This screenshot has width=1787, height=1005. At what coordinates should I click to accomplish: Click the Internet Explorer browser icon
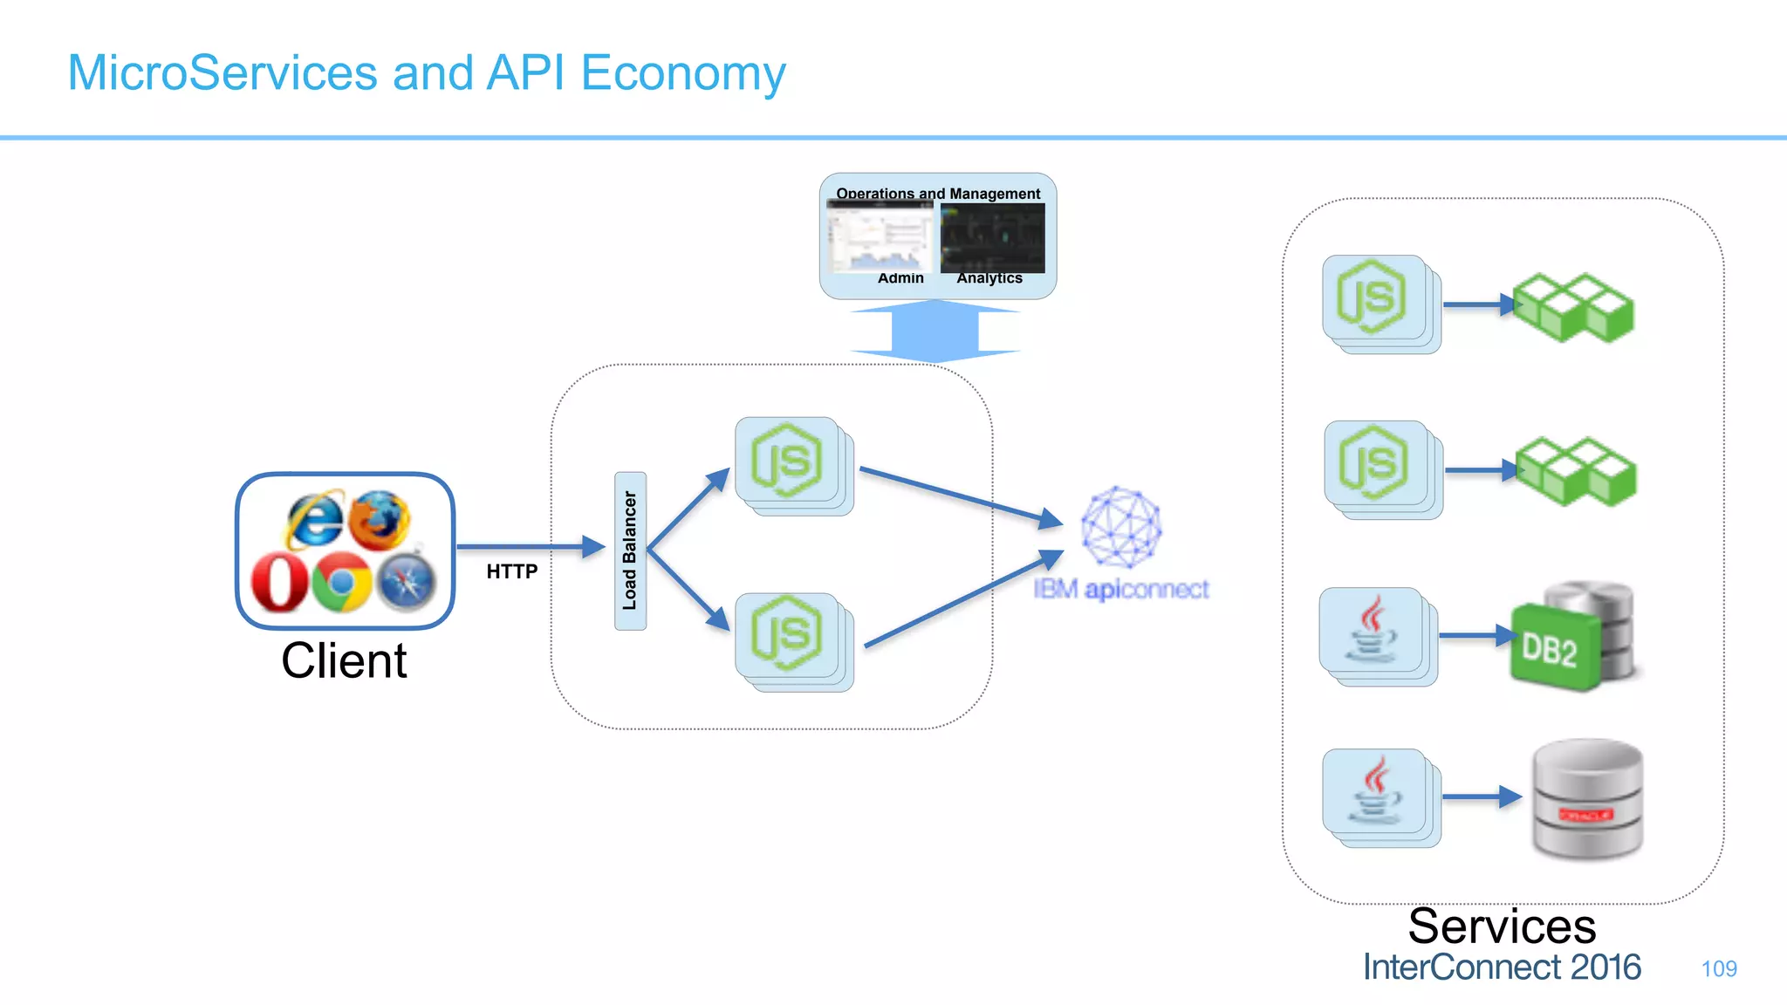coord(314,520)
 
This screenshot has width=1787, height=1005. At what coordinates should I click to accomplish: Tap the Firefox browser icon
coord(380,520)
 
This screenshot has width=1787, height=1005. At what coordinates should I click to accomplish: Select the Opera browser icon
coord(279,583)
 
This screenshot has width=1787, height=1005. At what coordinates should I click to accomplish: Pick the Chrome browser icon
coord(341,581)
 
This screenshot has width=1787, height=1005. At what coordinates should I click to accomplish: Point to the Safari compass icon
coord(407,583)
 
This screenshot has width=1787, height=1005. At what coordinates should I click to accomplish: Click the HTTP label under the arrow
coord(512,571)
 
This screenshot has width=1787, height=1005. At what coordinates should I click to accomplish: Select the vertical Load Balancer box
coord(630,550)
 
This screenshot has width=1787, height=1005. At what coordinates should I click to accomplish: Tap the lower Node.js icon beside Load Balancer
coord(787,633)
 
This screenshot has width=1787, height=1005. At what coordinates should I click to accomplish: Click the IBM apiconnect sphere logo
coord(1121,527)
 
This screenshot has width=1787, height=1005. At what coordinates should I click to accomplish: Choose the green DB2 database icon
coord(1553,648)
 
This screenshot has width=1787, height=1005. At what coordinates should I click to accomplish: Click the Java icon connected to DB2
coord(1372,630)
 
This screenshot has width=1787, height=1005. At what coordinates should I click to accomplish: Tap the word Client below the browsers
coord(344,660)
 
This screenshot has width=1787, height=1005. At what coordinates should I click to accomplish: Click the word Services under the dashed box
coord(1502,926)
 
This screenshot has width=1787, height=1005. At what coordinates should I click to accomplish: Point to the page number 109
coord(1719,968)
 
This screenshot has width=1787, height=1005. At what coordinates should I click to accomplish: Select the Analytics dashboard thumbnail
coord(992,238)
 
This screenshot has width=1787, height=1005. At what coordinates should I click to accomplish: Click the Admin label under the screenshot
coord(900,278)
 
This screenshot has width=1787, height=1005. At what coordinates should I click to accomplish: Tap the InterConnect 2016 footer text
coord(1502,967)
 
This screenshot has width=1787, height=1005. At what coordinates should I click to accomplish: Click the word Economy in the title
coord(683,73)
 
